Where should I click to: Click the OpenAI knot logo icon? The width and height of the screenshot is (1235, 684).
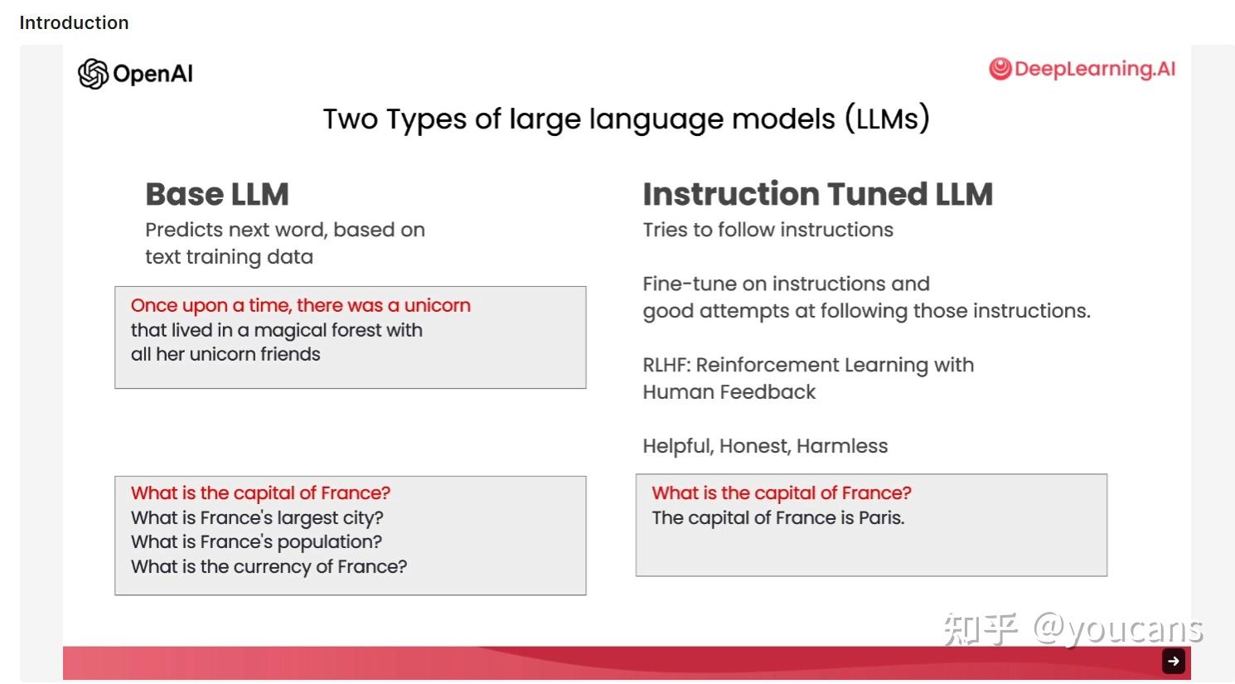click(93, 73)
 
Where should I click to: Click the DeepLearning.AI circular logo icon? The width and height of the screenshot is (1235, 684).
click(1000, 69)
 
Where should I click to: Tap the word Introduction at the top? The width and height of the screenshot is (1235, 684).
click(74, 22)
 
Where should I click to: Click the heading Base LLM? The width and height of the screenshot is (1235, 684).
click(217, 194)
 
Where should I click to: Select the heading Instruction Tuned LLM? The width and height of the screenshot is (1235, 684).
click(817, 194)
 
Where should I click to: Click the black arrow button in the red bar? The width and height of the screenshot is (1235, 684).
click(1174, 661)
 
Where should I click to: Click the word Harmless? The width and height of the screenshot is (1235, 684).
click(842, 446)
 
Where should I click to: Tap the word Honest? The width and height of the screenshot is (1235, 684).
click(755, 446)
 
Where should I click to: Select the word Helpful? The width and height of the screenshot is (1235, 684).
click(678, 446)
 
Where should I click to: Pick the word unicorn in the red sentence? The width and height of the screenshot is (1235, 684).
click(437, 305)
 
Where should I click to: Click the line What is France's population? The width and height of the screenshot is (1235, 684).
click(256, 542)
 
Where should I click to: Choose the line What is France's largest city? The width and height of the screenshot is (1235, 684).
click(257, 518)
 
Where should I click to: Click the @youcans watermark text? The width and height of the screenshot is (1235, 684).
click(1118, 628)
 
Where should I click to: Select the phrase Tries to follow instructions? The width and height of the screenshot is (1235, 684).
click(768, 230)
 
